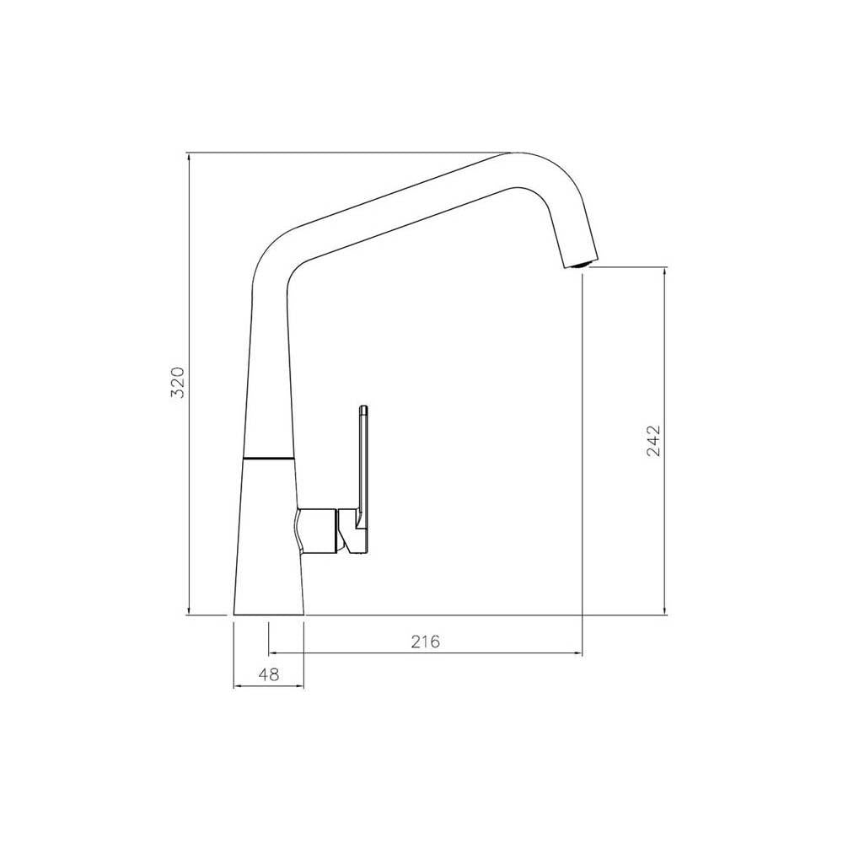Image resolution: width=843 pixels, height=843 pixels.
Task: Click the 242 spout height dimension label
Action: click(x=654, y=441)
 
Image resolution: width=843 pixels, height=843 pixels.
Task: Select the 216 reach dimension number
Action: click(x=426, y=642)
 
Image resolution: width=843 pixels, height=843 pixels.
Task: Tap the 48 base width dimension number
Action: click(x=268, y=674)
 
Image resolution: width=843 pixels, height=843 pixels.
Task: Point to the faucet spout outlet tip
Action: click(x=579, y=264)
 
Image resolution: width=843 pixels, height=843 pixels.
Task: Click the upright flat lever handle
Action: click(x=363, y=464)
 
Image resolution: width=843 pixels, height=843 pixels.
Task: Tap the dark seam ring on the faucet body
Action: click(x=268, y=458)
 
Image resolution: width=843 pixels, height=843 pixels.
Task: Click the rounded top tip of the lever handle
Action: click(x=363, y=409)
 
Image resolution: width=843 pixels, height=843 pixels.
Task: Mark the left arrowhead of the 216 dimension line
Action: click(x=272, y=652)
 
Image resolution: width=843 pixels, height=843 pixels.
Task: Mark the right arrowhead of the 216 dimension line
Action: click(x=578, y=652)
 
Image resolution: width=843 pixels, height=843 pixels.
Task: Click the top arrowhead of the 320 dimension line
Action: click(x=188, y=157)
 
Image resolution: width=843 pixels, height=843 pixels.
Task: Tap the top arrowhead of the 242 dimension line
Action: click(x=665, y=272)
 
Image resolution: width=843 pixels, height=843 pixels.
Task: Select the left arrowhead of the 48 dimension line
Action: click(x=237, y=686)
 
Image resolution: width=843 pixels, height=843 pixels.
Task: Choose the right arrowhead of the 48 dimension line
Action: click(x=299, y=686)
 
